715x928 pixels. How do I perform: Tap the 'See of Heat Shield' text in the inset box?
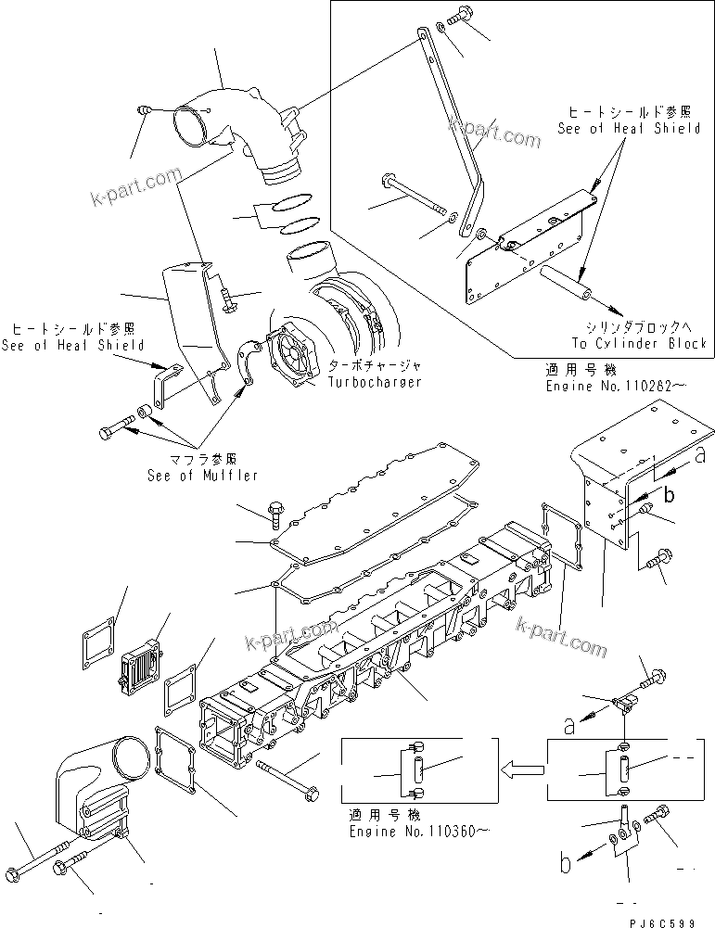tap(628, 129)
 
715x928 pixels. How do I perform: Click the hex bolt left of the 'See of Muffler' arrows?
tap(111, 431)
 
